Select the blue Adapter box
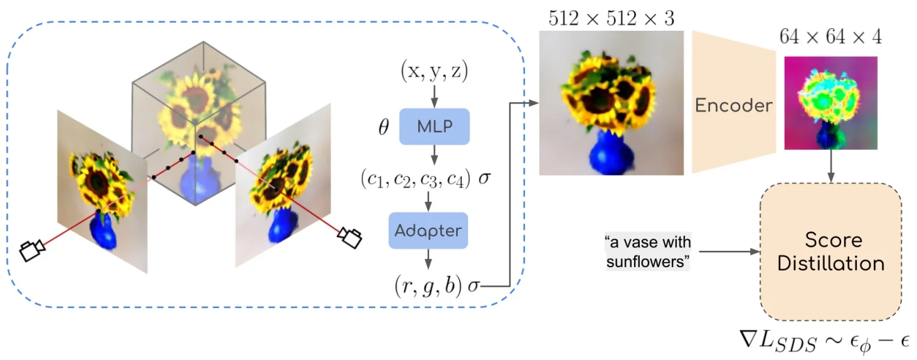point(428,230)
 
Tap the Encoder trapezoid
point(732,105)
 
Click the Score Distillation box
point(830,251)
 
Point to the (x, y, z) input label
point(434,72)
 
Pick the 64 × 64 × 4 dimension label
point(830,37)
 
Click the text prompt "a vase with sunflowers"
point(647,251)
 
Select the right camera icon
point(349,238)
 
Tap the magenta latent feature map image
point(830,103)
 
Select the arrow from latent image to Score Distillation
point(831,167)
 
